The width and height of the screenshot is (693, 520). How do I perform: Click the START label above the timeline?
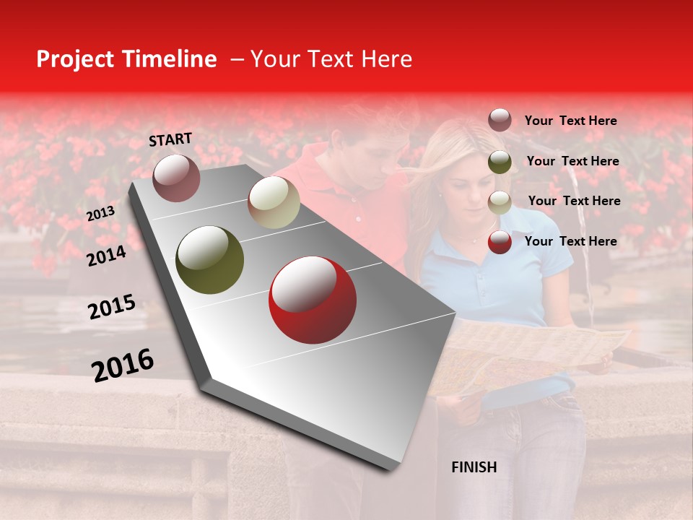tap(170, 139)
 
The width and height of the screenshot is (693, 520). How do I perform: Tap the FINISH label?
tap(474, 467)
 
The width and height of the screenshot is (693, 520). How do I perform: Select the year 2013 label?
tap(100, 214)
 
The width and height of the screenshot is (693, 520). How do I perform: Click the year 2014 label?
tap(106, 256)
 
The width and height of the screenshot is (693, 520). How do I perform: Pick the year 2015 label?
tap(111, 307)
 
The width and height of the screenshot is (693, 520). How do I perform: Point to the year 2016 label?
tap(123, 365)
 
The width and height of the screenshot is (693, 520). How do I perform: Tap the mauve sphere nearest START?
tap(176, 178)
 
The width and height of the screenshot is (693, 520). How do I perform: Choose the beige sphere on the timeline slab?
tap(274, 202)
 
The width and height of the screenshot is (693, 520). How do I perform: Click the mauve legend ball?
tap(500, 121)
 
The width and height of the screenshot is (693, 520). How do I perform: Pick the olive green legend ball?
tap(500, 162)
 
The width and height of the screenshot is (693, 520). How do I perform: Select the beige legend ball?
tap(500, 201)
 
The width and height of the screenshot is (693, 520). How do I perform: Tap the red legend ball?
tap(500, 242)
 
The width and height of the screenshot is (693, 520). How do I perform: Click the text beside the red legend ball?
tap(570, 241)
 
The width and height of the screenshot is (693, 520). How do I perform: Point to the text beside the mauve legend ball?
tap(570, 121)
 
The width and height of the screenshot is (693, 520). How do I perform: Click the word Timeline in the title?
tap(167, 59)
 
